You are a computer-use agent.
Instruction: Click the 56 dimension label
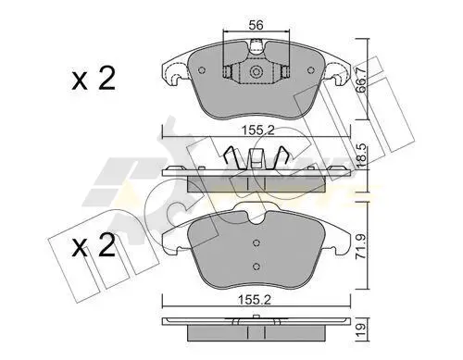(256, 25)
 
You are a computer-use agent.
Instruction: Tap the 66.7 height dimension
(361, 80)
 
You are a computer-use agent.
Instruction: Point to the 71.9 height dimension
(362, 246)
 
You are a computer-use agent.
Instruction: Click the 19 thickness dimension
(361, 330)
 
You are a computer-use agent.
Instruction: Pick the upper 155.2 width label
(257, 130)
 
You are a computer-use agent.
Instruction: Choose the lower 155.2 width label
(254, 300)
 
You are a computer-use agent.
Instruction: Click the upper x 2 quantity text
(94, 79)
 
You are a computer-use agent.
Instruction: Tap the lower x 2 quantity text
(94, 246)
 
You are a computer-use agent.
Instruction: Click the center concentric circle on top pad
(256, 72)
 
